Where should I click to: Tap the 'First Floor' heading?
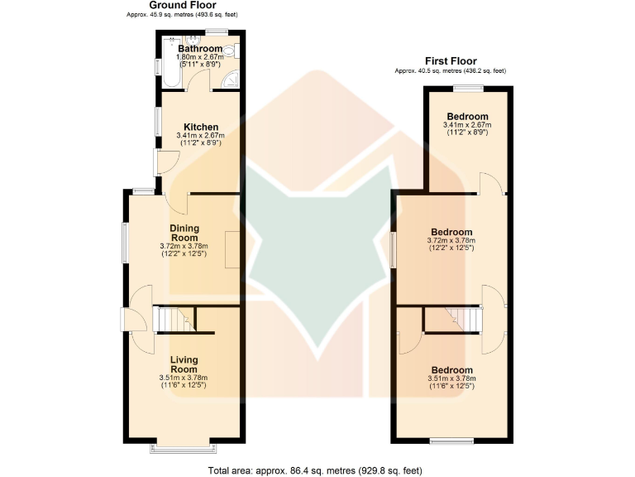tap(450, 60)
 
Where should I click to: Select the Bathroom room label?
tap(199, 49)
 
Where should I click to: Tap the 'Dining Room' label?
tap(184, 233)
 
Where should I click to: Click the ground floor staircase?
tap(174, 318)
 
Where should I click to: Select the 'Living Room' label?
tap(184, 364)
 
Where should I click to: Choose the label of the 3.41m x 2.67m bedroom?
tap(467, 116)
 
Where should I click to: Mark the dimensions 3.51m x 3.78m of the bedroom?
tap(451, 378)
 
